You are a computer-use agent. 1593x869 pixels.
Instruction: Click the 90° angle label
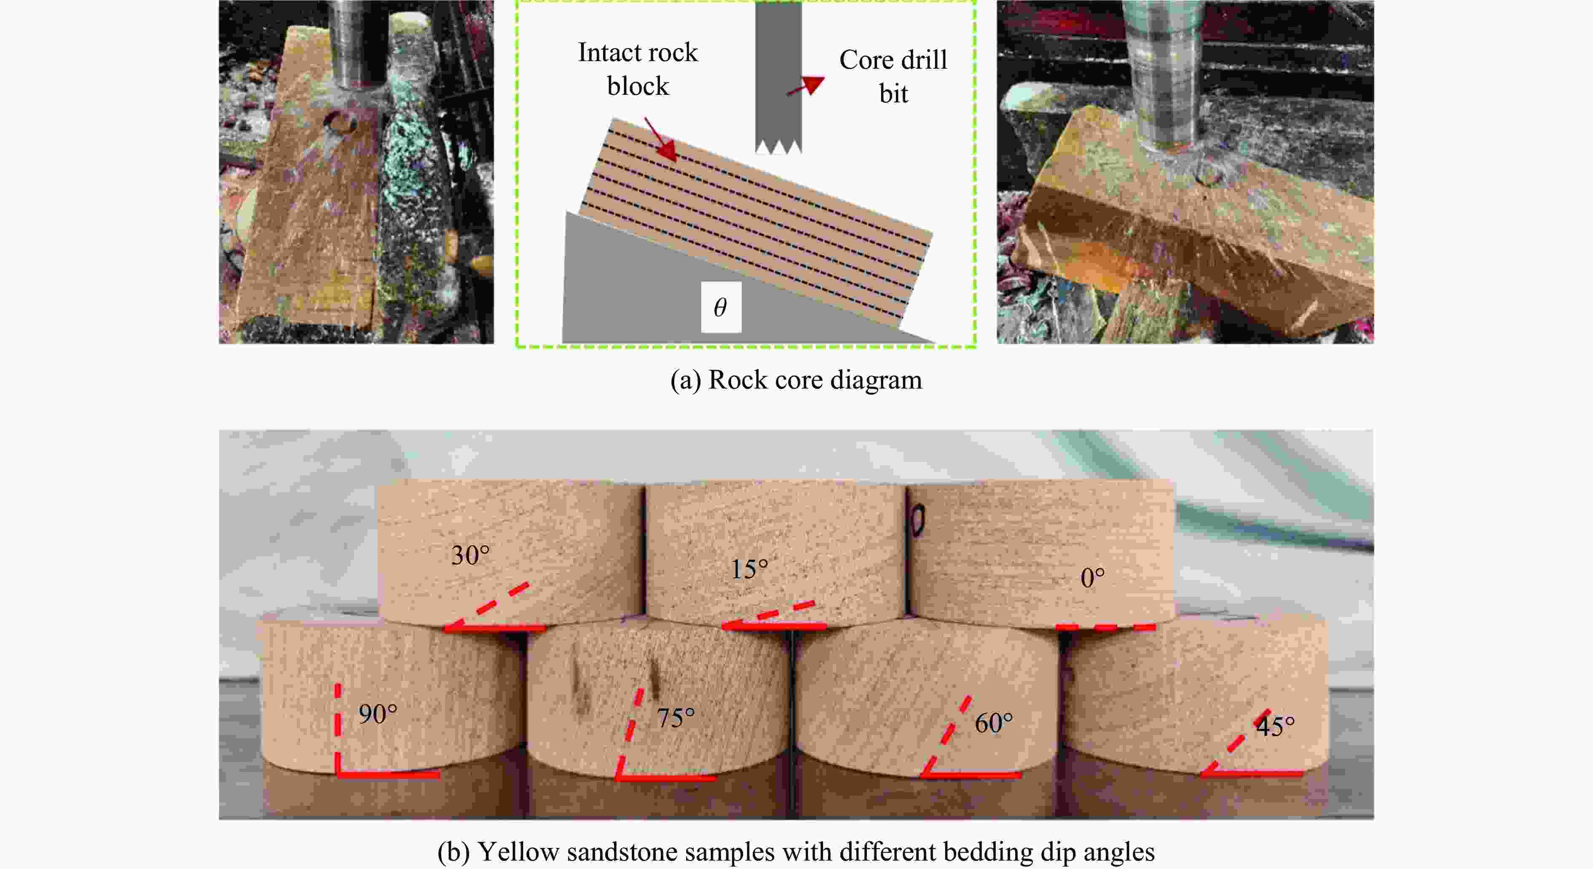378,714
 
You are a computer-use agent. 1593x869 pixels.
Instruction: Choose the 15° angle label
749,569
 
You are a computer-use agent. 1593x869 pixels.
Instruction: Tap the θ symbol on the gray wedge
721,307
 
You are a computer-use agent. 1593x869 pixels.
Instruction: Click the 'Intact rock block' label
638,69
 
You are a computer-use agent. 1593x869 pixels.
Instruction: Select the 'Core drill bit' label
893,77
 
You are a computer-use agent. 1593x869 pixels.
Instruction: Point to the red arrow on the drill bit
806,86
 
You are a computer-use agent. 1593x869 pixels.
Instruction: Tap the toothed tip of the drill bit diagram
778,147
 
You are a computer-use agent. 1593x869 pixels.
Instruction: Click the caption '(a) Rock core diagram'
796,380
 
